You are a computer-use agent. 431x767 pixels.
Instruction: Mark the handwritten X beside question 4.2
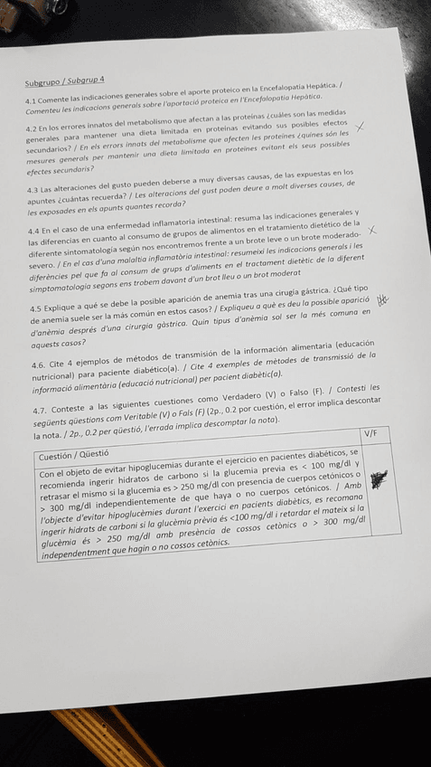click(x=361, y=130)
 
